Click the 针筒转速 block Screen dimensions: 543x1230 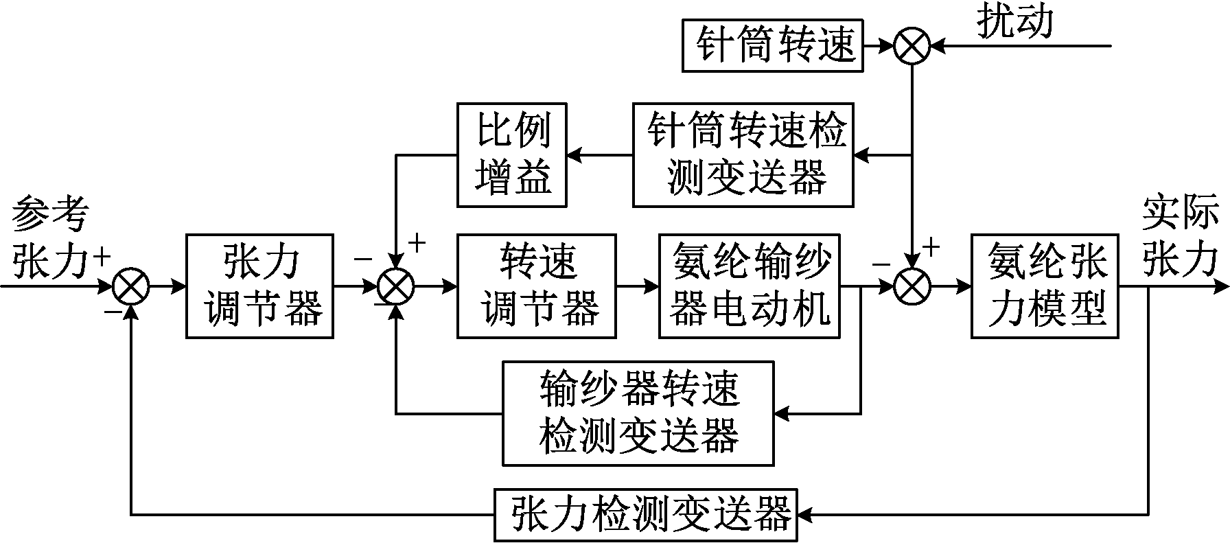coord(772,46)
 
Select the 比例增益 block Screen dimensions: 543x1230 coord(512,155)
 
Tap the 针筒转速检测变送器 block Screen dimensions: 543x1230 coord(743,155)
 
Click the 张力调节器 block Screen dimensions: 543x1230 coord(259,286)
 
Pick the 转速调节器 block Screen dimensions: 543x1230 coord(537,286)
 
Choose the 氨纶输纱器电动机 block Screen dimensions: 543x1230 coord(749,286)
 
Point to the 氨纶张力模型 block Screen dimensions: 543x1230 coord(1044,286)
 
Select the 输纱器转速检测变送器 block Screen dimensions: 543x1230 coord(638,413)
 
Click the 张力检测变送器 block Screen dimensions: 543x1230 coord(645,514)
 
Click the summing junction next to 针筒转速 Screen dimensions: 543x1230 coord(912,46)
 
